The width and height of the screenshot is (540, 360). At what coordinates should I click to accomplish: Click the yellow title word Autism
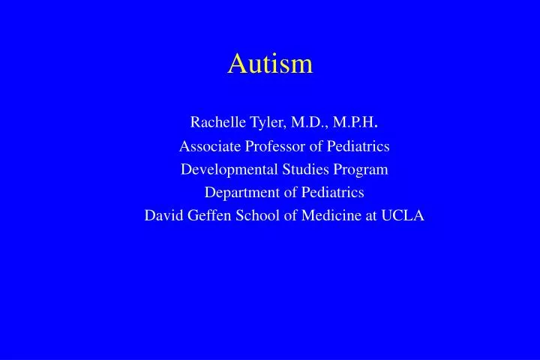click(270, 64)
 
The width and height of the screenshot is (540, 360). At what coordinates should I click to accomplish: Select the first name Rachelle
click(212, 122)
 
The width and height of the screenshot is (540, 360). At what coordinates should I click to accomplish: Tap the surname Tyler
click(257, 122)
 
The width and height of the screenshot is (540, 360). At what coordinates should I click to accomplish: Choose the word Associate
click(210, 146)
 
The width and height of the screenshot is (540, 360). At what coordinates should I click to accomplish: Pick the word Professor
click(276, 146)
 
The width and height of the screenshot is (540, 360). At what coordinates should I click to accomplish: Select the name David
click(162, 216)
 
